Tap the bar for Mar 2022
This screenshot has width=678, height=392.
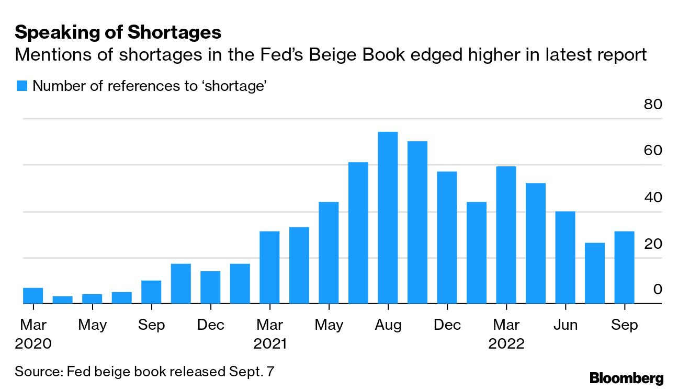point(506,235)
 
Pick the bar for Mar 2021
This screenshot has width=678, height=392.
point(269,267)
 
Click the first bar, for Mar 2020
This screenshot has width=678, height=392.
point(33,295)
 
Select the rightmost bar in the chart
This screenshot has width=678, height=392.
point(624,267)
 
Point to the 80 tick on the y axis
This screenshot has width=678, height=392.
point(653,104)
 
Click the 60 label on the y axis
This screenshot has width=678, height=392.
point(653,151)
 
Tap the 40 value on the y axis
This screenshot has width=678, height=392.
point(653,197)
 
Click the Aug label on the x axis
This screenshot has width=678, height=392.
point(388,325)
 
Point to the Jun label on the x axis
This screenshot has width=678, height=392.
point(565,325)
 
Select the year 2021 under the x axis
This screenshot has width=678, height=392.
point(270,344)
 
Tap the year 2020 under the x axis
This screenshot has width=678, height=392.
point(33,344)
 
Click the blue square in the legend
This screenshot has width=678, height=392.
point(21,86)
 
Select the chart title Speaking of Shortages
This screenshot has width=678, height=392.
point(118,33)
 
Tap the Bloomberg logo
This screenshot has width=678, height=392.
point(626,378)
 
